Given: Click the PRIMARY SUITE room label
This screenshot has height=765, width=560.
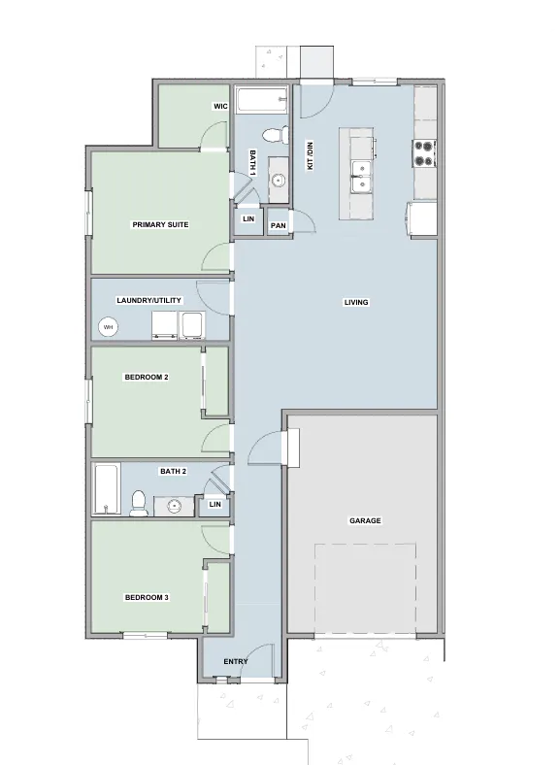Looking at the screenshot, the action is [x=160, y=224].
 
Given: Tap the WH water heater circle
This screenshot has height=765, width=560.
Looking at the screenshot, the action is [x=109, y=327].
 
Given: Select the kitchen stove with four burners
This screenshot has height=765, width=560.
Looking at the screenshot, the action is [x=424, y=153].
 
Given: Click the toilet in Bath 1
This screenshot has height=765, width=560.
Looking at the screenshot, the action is [x=276, y=135].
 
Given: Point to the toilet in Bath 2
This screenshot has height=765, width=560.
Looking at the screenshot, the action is [x=139, y=504].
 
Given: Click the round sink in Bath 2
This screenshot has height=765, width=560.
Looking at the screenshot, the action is [x=174, y=506].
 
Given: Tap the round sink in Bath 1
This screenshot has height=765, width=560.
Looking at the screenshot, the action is [x=279, y=181].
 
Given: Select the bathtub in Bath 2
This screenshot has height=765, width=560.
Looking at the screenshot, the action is [x=107, y=489].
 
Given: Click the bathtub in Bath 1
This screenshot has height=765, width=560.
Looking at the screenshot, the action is [x=262, y=101].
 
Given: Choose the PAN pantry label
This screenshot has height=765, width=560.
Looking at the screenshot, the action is [x=278, y=225].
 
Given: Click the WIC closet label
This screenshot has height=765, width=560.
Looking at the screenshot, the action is [x=220, y=106].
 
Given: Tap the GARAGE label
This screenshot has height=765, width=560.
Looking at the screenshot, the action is [x=365, y=520].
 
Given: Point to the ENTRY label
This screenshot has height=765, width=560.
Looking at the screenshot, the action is [x=236, y=661].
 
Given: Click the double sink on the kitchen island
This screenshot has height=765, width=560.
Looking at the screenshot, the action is [x=361, y=176].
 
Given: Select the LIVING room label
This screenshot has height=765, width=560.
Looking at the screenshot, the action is [x=356, y=302].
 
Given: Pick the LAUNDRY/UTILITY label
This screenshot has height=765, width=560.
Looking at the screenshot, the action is [x=148, y=300].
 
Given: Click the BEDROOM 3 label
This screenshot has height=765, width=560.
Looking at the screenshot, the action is [x=147, y=597].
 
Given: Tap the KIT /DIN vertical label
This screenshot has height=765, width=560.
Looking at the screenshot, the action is [x=310, y=156].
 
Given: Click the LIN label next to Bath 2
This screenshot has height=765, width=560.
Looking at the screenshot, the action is [x=214, y=504].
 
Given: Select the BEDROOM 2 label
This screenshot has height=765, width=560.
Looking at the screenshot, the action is [x=147, y=377].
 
